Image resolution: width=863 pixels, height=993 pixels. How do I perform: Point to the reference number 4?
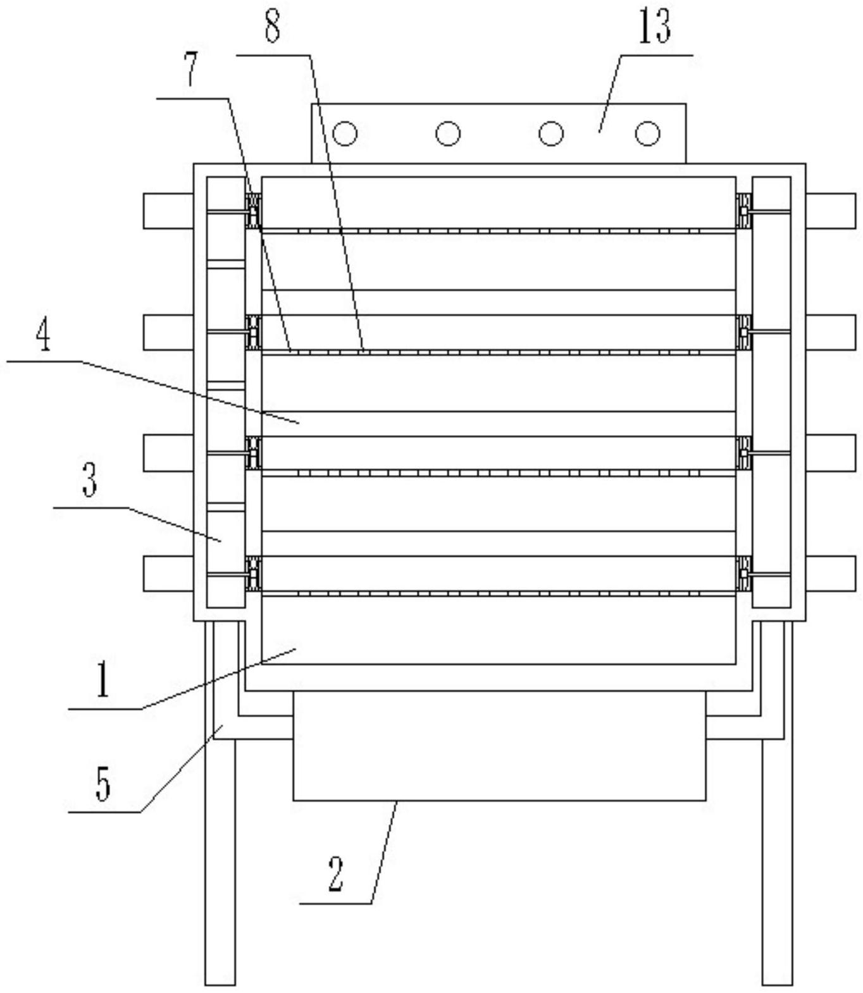43,339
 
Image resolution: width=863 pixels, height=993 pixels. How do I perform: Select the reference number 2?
336,875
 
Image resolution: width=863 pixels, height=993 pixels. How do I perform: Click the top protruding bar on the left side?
168,211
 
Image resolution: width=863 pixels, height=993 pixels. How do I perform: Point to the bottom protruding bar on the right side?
831,574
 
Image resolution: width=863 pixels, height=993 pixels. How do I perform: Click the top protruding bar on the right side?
831,211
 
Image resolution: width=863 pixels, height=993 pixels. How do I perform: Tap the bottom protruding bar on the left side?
168,574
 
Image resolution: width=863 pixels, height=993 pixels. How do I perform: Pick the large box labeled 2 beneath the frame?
499,746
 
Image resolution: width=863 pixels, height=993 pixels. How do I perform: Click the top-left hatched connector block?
254,211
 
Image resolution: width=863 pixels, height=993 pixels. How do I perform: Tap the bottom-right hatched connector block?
744,574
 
